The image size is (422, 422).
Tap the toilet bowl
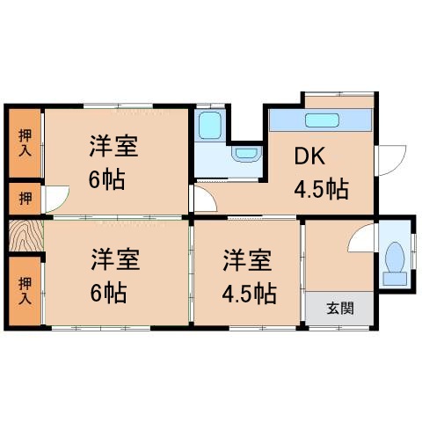tap(393, 261)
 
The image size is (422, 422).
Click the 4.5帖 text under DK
tap(320, 188)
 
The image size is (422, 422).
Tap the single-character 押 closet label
tap(25, 197)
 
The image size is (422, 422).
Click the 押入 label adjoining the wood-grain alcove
tap(25, 290)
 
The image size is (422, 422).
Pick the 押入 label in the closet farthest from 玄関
tap(25, 142)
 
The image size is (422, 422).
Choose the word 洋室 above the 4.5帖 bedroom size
tap(245, 260)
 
